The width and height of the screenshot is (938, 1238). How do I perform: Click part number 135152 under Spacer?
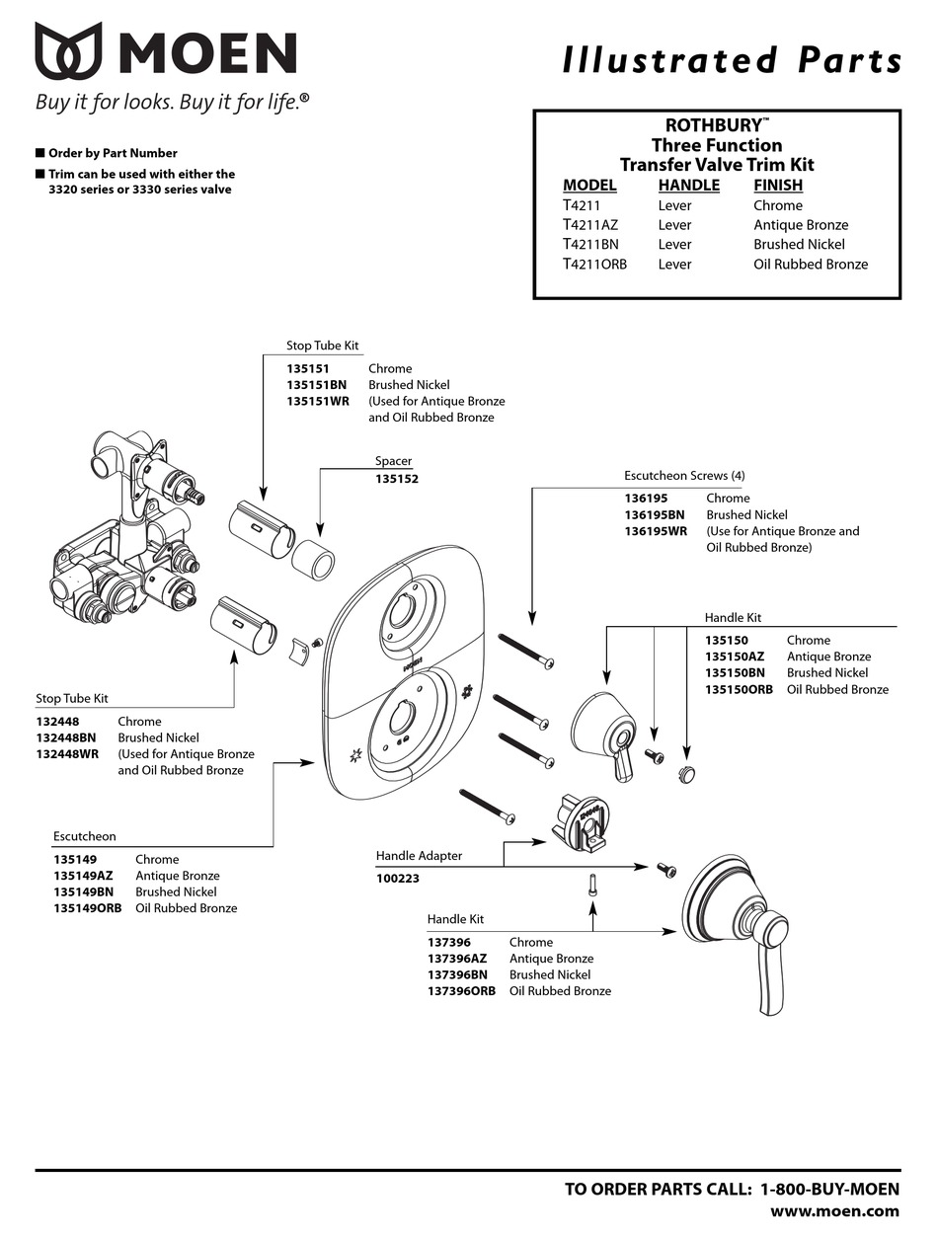[396, 479]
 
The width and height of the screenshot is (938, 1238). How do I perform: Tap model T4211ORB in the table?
[594, 264]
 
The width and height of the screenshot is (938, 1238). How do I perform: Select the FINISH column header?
[777, 185]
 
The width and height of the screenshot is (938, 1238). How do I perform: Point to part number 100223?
[397, 877]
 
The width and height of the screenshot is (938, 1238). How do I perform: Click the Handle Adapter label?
[419, 856]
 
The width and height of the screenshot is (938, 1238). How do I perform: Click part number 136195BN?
[654, 514]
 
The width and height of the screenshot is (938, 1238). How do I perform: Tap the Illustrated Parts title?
[732, 61]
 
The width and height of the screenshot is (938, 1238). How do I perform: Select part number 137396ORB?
[461, 990]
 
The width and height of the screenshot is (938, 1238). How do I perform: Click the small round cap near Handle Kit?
[685, 773]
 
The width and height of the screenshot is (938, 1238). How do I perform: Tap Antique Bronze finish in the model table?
[800, 224]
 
